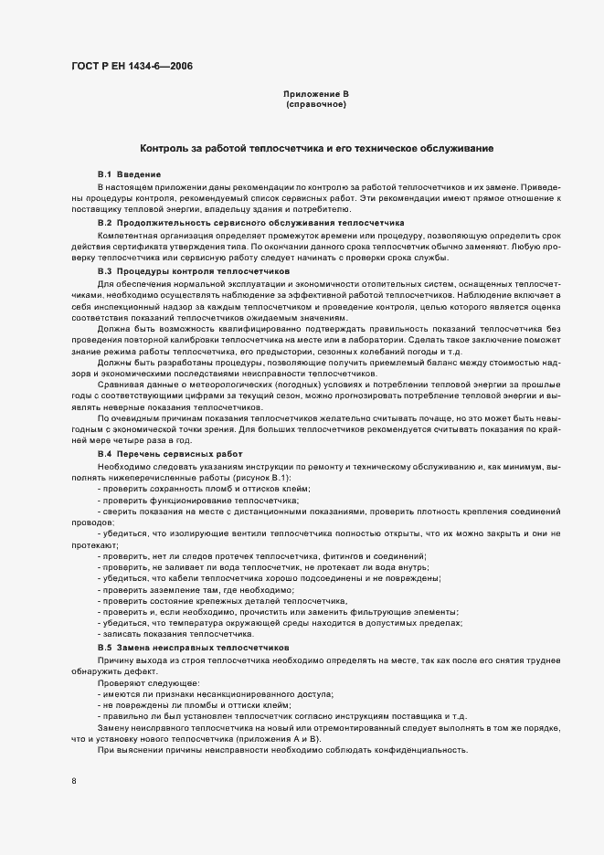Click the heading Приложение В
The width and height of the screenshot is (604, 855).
coord(315,95)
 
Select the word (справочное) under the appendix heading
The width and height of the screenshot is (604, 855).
coord(315,105)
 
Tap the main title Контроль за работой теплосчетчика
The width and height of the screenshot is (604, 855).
coord(316,148)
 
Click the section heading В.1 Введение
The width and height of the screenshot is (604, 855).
coord(130,174)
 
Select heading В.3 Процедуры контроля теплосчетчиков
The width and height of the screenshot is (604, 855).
coord(194,271)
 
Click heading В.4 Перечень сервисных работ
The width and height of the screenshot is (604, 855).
coord(170,453)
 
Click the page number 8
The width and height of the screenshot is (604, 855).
coord(73,781)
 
